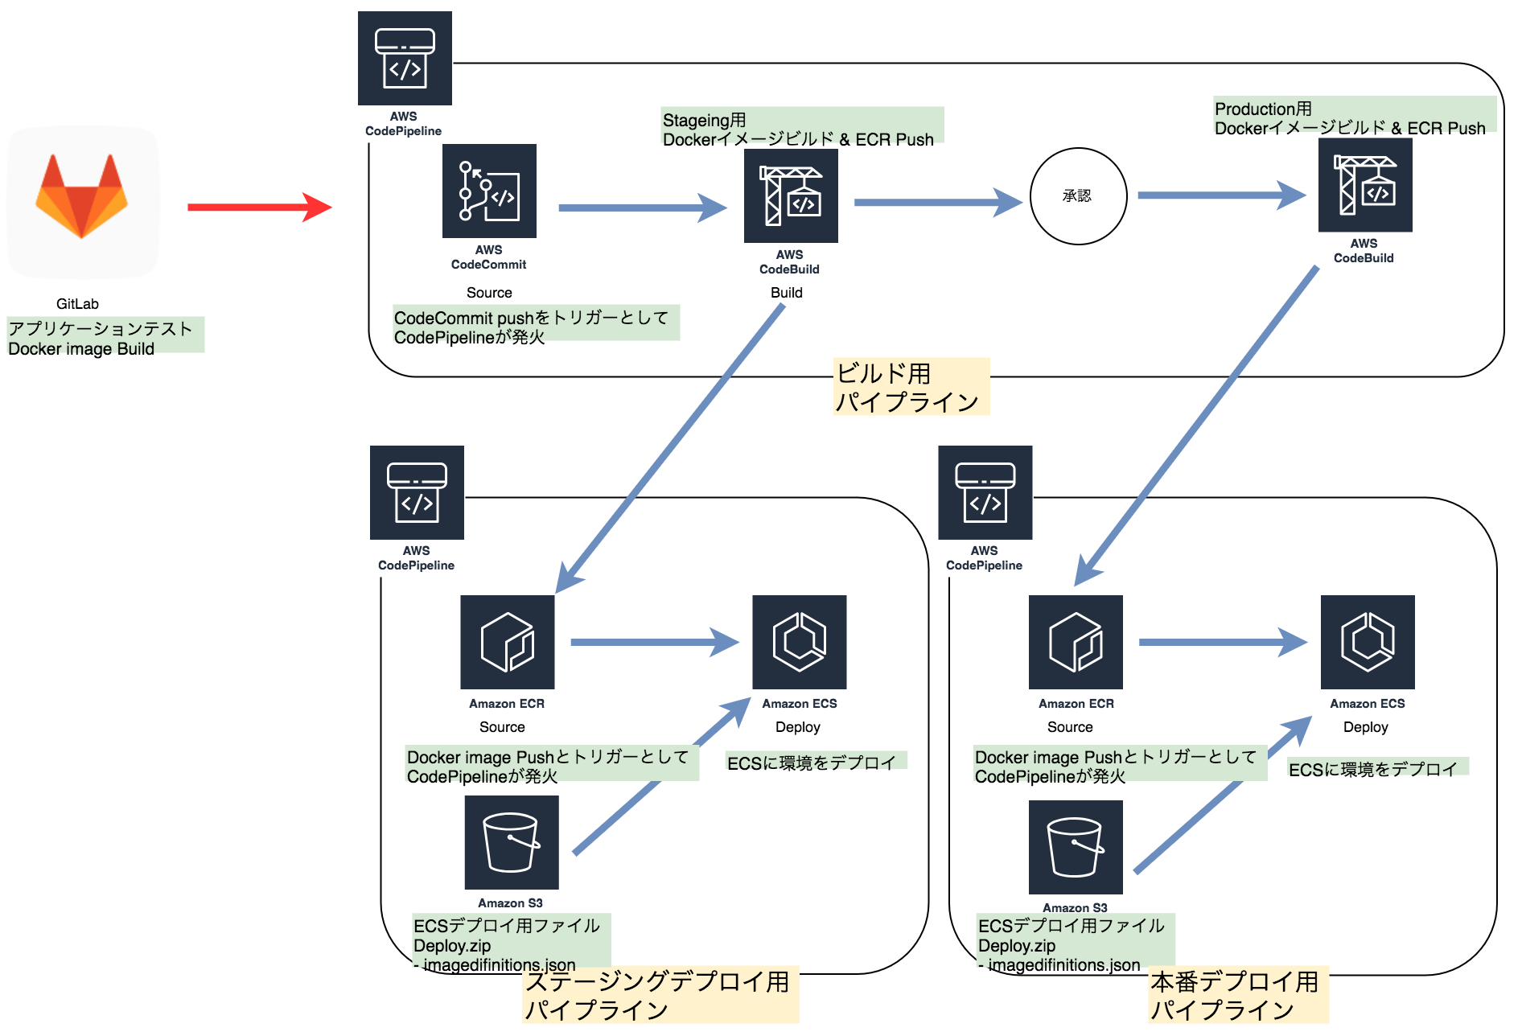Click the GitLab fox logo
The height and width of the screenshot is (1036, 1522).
(x=81, y=196)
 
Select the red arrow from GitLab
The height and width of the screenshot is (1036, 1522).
(x=258, y=207)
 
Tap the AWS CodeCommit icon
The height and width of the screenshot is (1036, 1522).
(x=489, y=191)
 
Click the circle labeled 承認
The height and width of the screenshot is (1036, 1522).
(x=1078, y=195)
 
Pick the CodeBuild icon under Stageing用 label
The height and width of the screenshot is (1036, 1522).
(x=791, y=195)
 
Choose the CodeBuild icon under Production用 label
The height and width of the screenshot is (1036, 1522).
(x=1365, y=185)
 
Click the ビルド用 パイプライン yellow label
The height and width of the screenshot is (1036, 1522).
(x=910, y=387)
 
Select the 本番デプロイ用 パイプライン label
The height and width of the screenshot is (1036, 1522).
(x=1237, y=995)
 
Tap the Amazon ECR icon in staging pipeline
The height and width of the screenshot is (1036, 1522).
(x=507, y=642)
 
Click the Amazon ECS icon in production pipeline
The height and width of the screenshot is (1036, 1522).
(x=1368, y=642)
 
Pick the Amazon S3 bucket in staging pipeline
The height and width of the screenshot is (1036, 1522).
(x=512, y=842)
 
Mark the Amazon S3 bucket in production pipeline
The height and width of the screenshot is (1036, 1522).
(x=1076, y=847)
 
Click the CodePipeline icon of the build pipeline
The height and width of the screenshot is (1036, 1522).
(x=405, y=58)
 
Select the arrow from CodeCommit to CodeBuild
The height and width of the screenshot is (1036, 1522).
(x=641, y=208)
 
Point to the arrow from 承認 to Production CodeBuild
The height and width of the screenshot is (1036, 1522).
(x=1220, y=195)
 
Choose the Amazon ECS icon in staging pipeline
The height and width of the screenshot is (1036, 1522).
(x=799, y=642)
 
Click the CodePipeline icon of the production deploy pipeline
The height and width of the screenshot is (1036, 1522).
(x=985, y=492)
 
